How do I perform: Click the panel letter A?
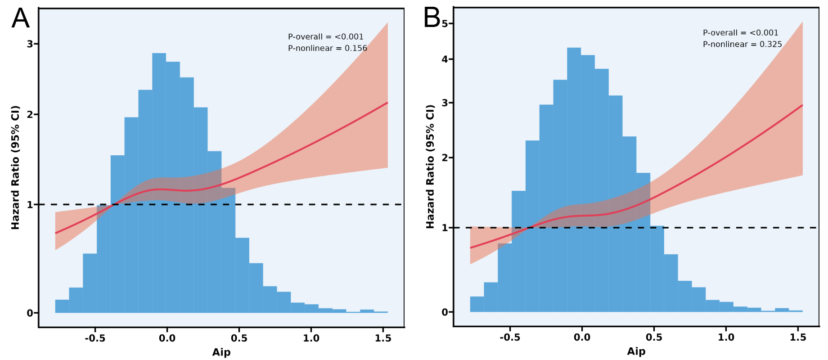(20, 19)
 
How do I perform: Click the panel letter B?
(432, 18)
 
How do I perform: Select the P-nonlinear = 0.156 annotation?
(327, 48)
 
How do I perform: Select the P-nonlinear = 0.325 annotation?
(742, 44)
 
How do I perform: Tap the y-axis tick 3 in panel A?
(30, 44)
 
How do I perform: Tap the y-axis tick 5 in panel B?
(445, 23)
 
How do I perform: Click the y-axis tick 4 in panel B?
(445, 59)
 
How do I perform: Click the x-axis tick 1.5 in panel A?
(383, 338)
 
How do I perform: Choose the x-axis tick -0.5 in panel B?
(510, 337)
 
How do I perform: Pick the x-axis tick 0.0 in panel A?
(167, 338)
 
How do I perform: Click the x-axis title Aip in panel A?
(221, 352)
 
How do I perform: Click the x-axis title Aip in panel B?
(636, 351)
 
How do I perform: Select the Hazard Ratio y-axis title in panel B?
(430, 166)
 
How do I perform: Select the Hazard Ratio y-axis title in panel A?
(15, 167)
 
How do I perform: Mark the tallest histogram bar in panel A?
(159, 180)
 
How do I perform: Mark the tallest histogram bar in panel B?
(574, 180)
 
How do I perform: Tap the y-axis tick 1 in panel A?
(30, 205)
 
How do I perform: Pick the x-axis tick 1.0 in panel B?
(726, 337)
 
